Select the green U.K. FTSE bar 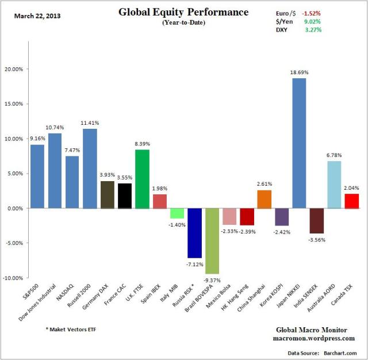tap(141, 179)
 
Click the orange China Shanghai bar tap(264, 199)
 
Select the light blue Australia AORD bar tap(334, 185)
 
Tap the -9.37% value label tap(212, 279)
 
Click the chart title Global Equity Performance tap(183, 12)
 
